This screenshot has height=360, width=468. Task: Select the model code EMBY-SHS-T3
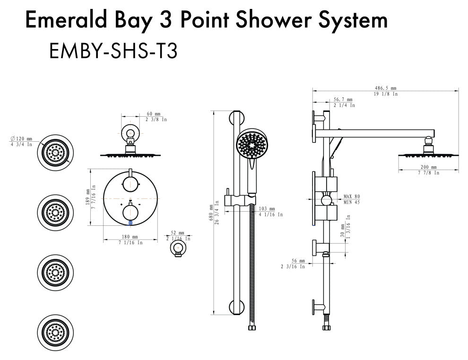coord(113,51)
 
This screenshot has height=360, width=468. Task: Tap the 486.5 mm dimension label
coord(386,88)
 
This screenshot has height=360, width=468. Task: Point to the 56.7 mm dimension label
coord(343,100)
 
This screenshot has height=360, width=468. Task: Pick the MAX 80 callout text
coord(351,196)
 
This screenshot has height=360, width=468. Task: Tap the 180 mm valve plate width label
coord(130,237)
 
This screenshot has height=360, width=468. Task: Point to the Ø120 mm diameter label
coord(22,139)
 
